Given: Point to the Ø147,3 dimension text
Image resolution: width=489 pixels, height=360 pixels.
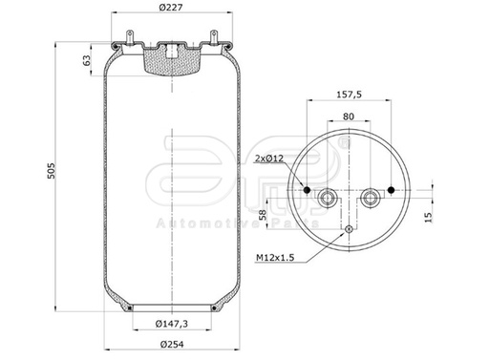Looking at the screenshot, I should click(x=173, y=326).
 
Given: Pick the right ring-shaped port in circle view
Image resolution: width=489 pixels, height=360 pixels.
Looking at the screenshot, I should click(x=371, y=198).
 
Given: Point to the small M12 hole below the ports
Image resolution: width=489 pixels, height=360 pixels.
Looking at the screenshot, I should click(x=350, y=229).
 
